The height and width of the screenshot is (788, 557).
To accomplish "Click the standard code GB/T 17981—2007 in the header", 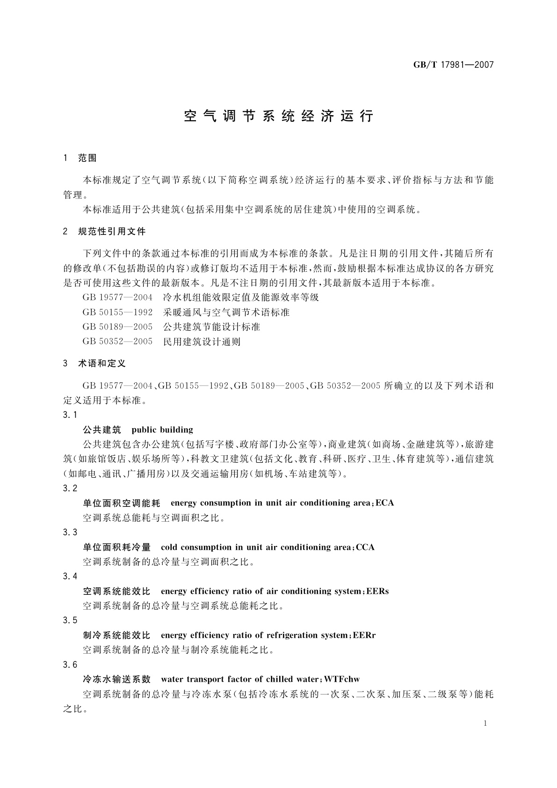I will tap(453, 65).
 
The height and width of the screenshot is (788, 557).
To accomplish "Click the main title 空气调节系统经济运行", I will tap(279, 117).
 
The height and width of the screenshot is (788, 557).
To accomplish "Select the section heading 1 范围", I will tap(80, 158).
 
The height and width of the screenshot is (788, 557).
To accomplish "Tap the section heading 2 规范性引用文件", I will tap(104, 231).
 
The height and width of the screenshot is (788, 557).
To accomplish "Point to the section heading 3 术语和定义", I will tap(94, 364).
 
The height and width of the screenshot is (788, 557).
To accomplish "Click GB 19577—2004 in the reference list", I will tap(117, 297).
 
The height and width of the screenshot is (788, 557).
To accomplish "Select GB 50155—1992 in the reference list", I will tap(117, 312).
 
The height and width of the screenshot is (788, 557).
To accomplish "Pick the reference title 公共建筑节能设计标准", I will tap(211, 327).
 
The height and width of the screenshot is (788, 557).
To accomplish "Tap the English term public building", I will tap(162, 430).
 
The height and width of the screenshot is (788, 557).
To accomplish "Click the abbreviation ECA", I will tap(384, 503).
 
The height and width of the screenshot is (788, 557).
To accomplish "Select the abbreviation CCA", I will tap(365, 547).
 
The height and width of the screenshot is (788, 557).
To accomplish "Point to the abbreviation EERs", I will tap(377, 591).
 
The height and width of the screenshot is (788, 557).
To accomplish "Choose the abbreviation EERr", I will tap(364, 635).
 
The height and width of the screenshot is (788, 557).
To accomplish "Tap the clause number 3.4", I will tap(70, 576).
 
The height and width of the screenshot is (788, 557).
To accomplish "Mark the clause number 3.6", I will tap(70, 664).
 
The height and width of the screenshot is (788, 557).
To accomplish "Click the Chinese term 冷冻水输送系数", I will tap(116, 679).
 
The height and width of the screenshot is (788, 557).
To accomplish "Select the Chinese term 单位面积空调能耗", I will tap(122, 503).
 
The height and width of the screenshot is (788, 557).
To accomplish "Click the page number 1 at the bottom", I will tap(485, 723).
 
